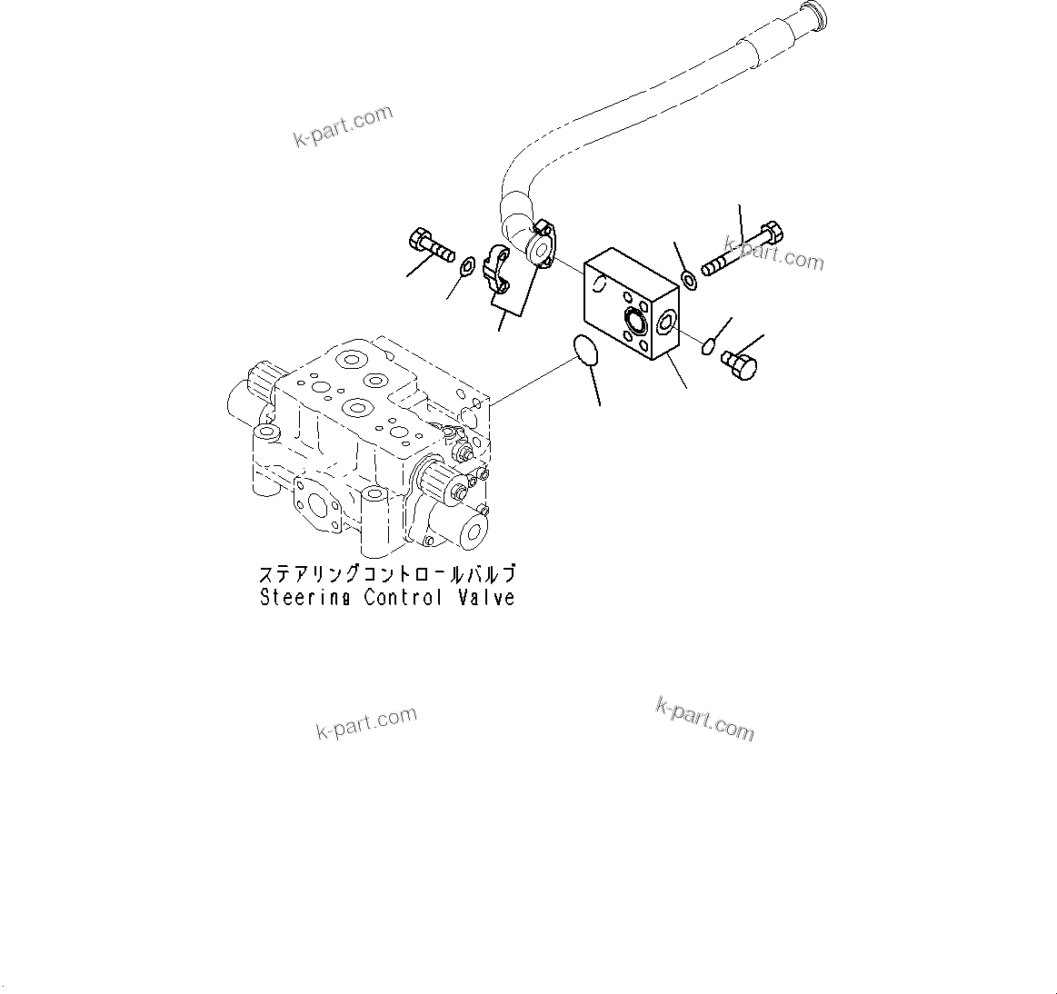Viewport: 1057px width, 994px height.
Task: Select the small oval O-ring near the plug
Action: (x=708, y=343)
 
